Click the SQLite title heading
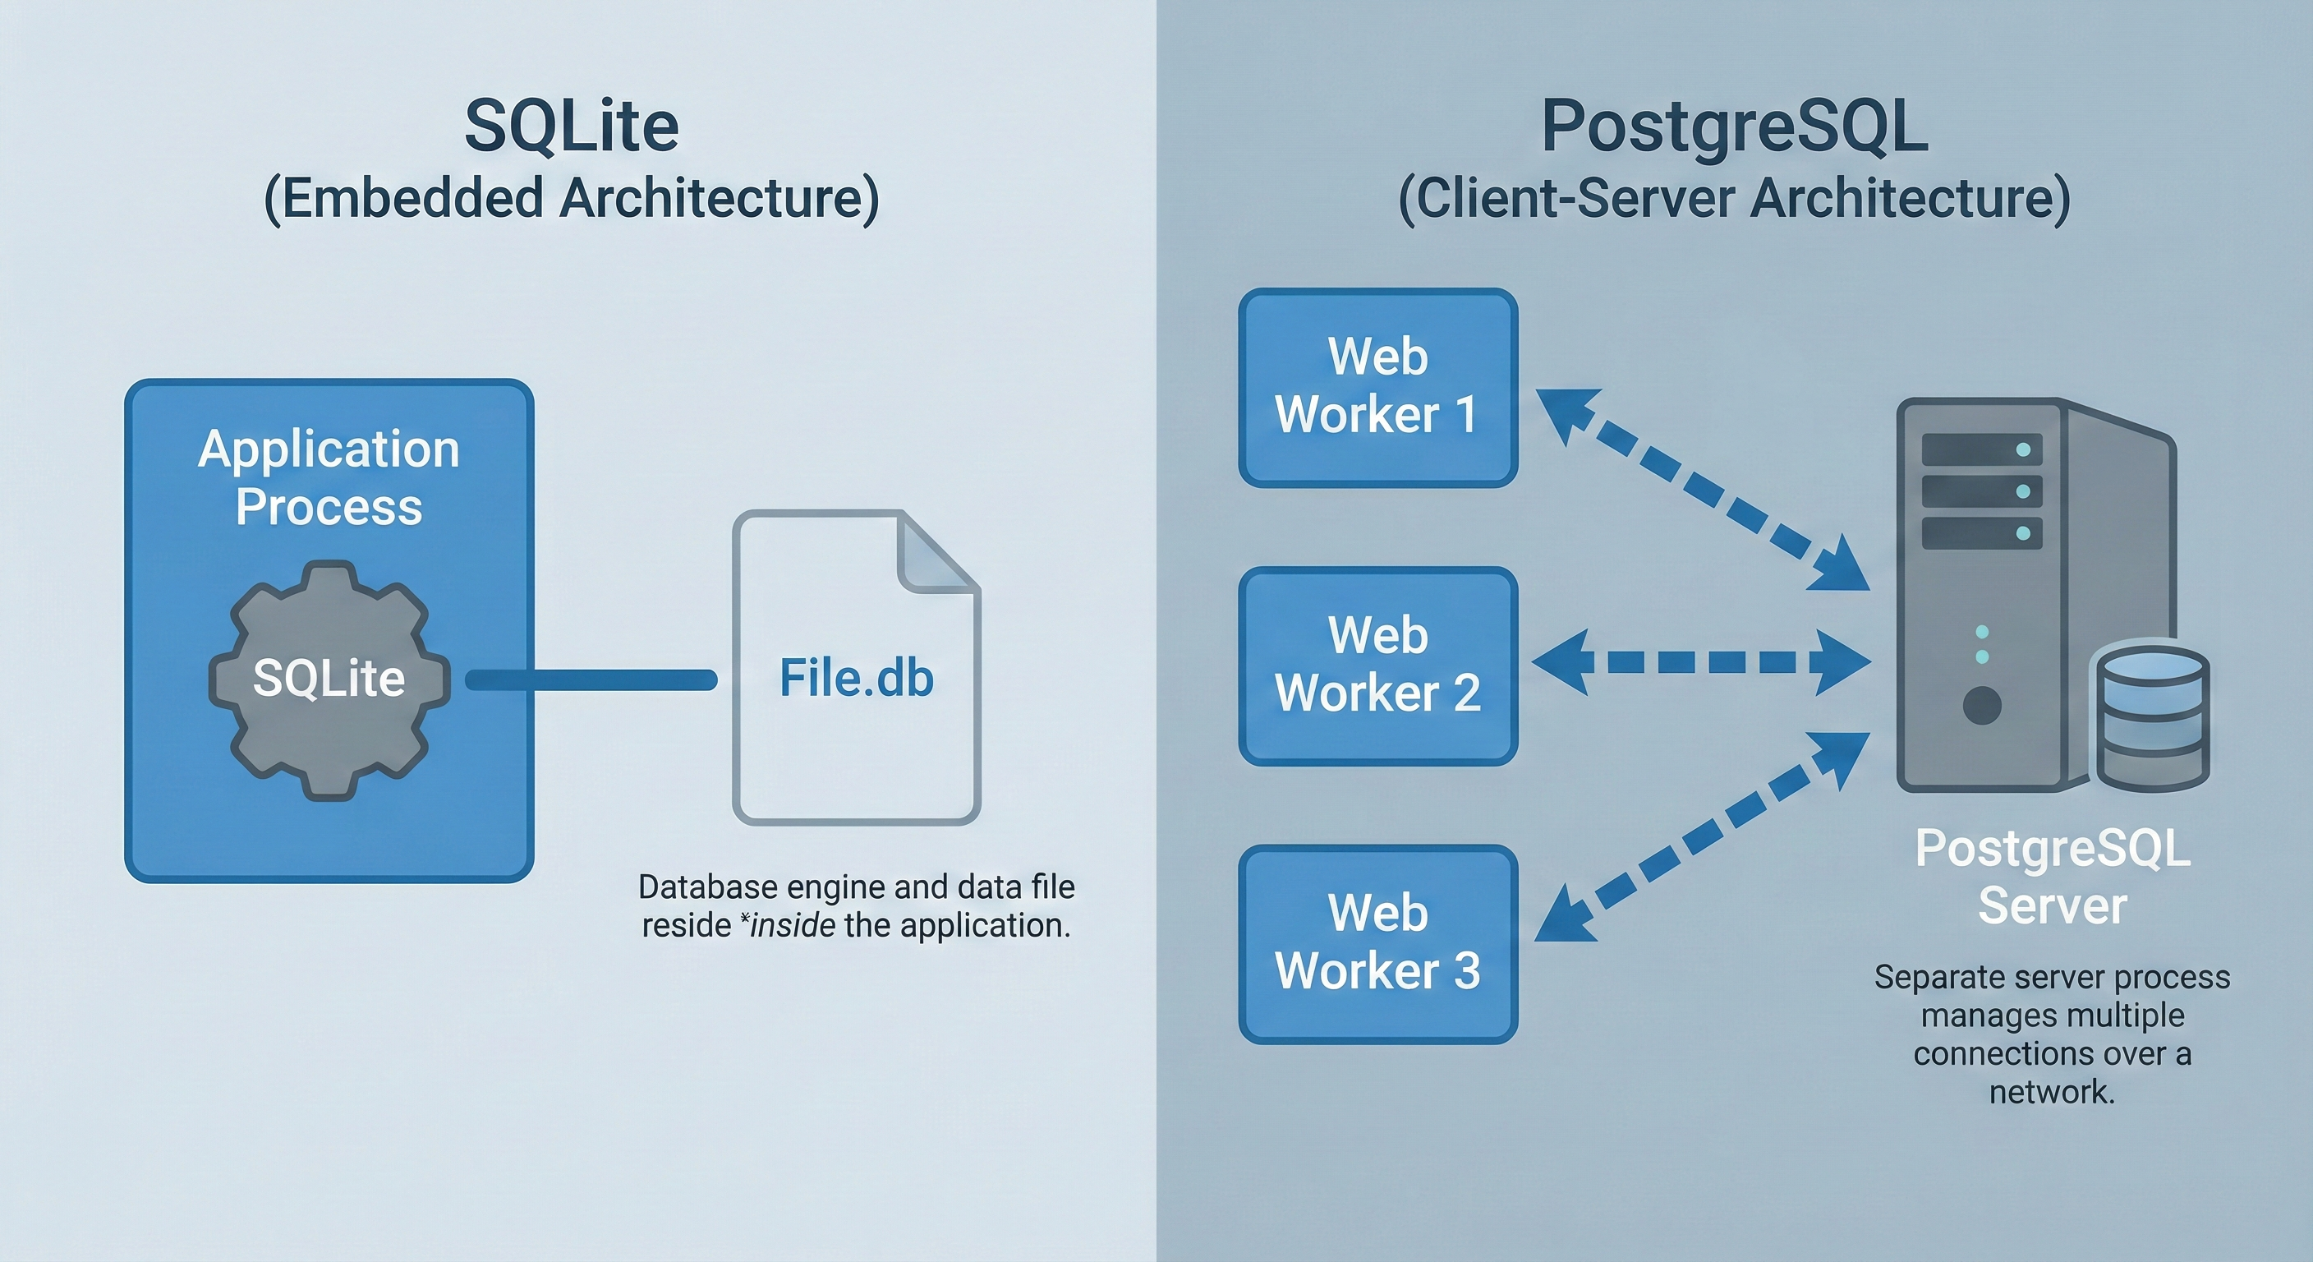(x=571, y=126)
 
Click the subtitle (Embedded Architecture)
(x=571, y=199)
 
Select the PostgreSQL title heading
(x=1734, y=126)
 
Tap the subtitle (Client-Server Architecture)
(x=1734, y=199)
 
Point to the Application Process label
(x=329, y=477)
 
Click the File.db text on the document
(x=856, y=677)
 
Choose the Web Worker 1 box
(x=1377, y=387)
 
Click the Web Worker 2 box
(x=1377, y=665)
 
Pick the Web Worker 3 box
(x=1377, y=943)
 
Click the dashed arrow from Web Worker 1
(x=1703, y=490)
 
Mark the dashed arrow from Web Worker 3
(x=1703, y=836)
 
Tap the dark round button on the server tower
(x=1982, y=705)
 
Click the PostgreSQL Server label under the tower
(x=2052, y=876)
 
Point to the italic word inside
(x=791, y=925)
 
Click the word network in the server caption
(x=2052, y=1092)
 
